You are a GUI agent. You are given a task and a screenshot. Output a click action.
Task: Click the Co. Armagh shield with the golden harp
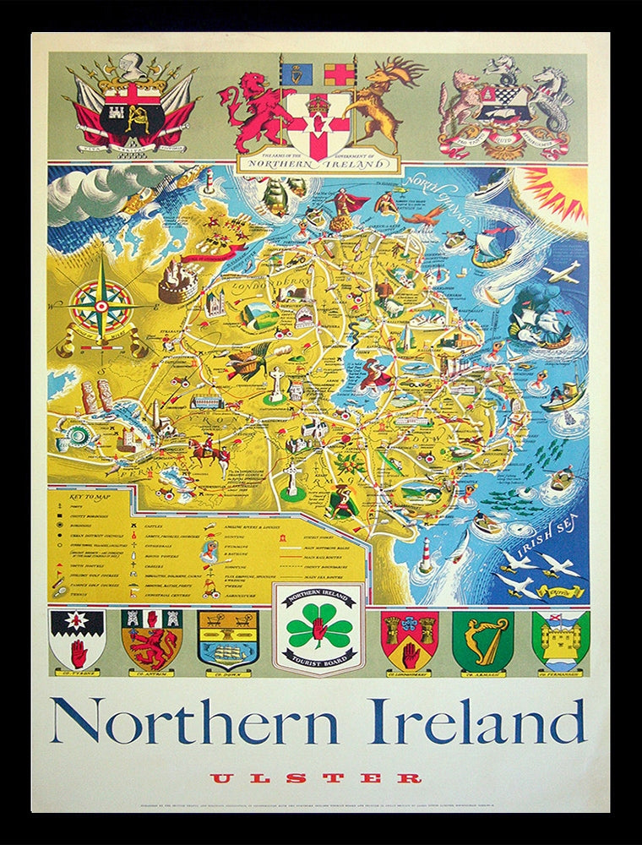click(482, 640)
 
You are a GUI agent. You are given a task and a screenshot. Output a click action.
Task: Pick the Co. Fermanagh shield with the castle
click(560, 640)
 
